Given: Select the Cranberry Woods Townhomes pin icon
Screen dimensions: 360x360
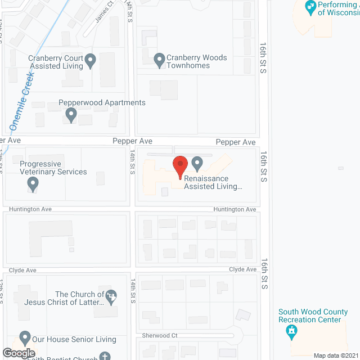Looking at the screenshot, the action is [159, 58].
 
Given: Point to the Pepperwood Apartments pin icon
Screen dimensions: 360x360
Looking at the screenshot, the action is [71, 115].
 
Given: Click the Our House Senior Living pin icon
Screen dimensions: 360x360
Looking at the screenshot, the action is [24, 338].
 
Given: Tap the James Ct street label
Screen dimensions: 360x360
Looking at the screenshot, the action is [104, 11].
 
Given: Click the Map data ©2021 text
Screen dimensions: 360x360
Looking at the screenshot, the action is [335, 355].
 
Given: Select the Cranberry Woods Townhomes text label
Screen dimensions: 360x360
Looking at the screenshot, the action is [196, 61].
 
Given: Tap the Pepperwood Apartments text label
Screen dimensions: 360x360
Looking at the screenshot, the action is [102, 103].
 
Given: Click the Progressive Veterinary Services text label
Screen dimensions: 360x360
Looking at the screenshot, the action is [53, 168].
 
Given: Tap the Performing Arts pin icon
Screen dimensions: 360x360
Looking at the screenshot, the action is [309, 7].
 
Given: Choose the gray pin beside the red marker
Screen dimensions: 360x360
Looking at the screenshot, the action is [197, 164].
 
